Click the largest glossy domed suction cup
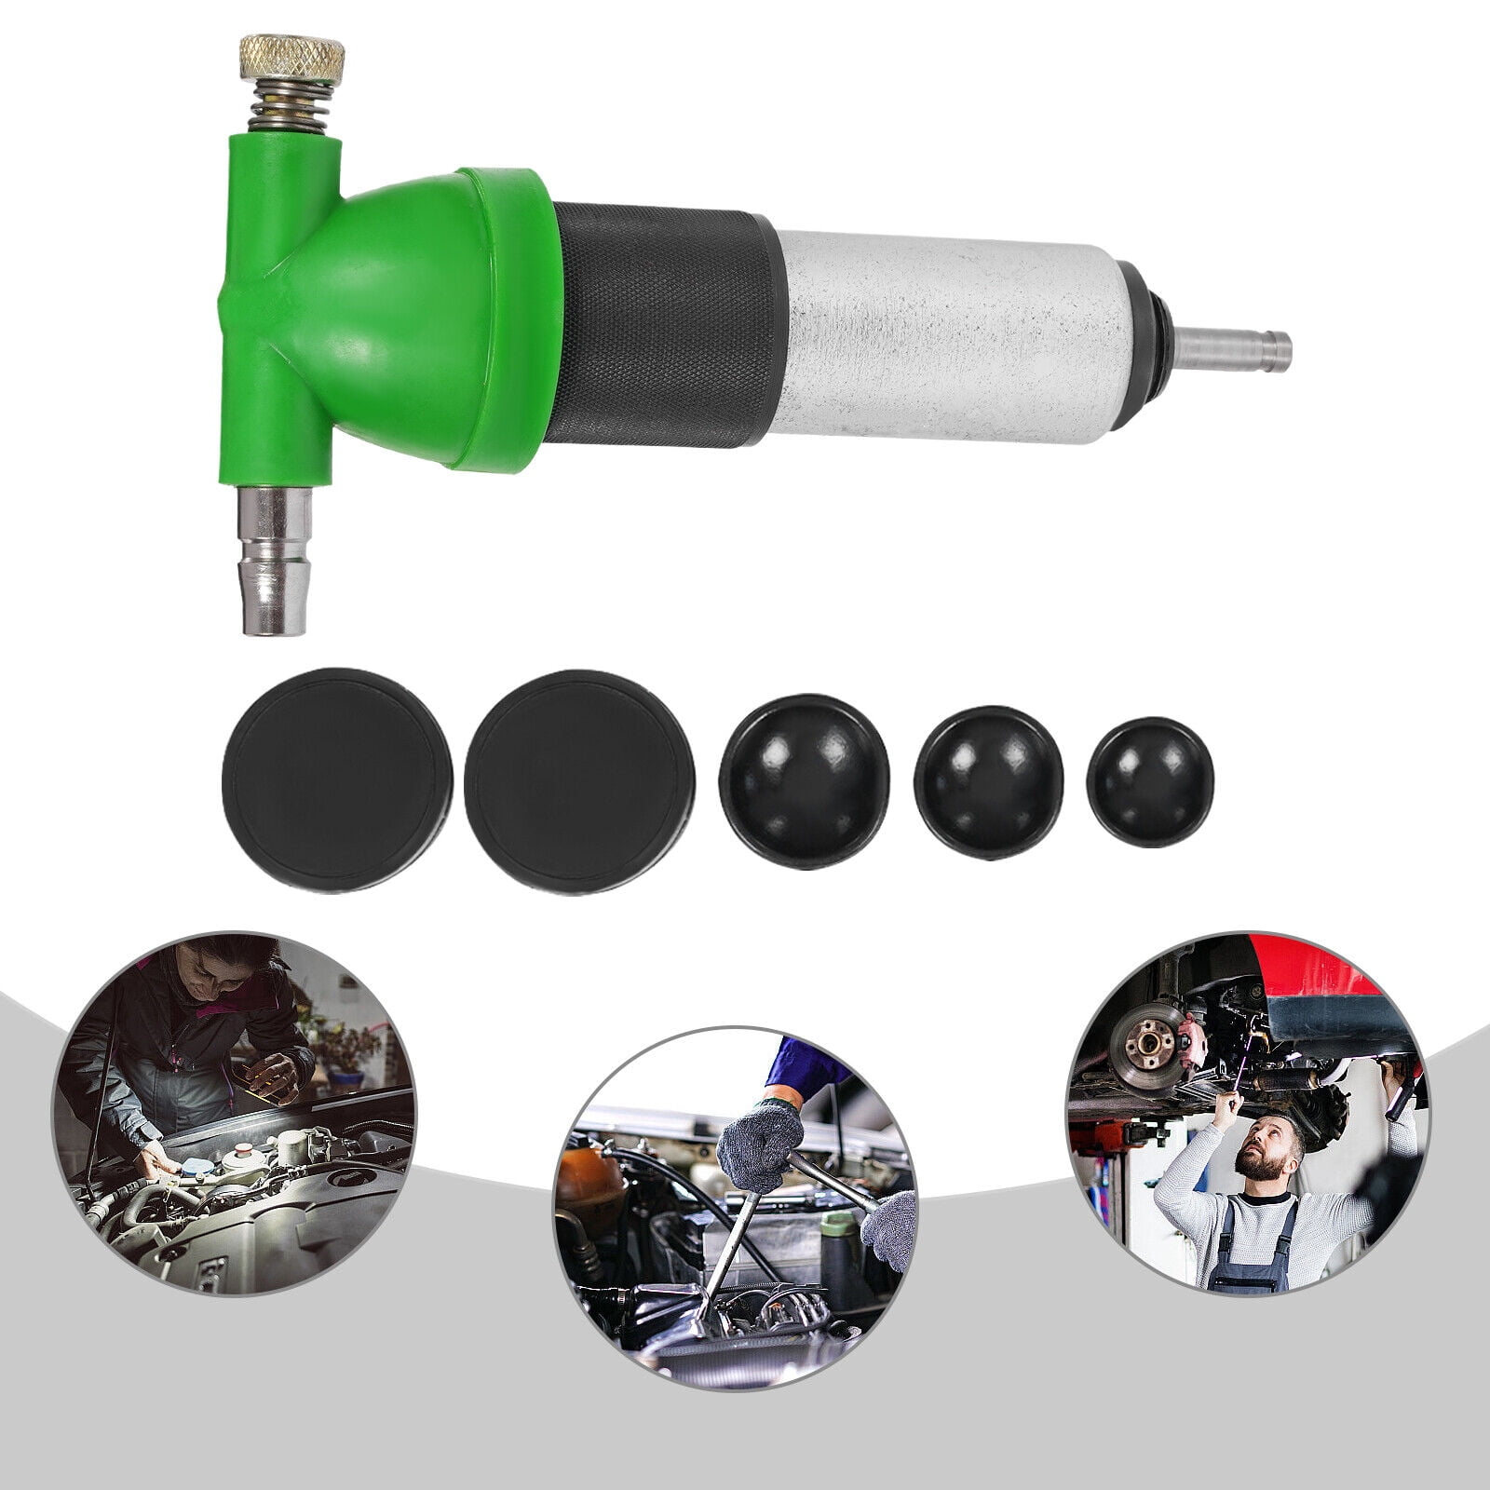tap(804, 777)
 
